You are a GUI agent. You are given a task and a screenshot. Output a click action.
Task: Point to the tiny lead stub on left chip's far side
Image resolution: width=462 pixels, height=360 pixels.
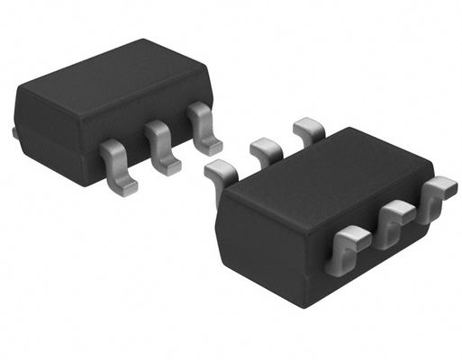click(15, 133)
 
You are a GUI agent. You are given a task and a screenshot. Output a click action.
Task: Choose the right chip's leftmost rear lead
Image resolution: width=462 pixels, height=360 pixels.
click(221, 172)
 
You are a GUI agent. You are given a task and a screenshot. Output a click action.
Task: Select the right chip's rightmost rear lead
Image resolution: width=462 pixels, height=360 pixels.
click(308, 130)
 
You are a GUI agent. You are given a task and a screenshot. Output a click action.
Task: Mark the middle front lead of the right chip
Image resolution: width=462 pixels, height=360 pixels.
click(392, 223)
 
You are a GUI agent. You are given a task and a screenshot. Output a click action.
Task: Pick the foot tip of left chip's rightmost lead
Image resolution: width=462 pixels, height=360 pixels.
click(209, 147)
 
